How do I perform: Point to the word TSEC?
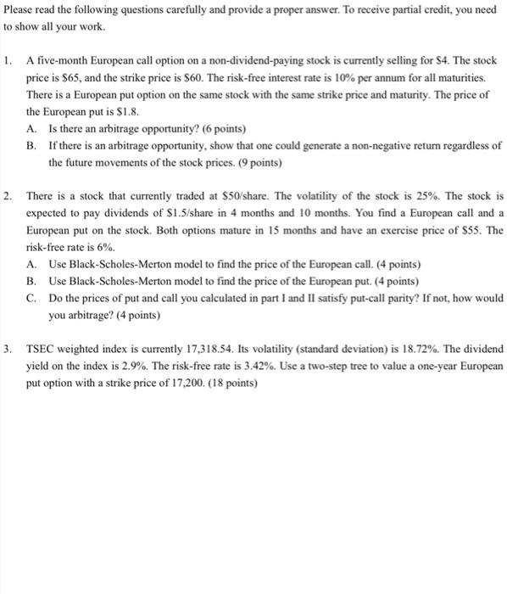click(40, 349)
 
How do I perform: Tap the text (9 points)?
click(257, 162)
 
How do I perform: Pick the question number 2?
click(8, 196)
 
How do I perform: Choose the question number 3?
click(8, 349)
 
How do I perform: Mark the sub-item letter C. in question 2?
click(31, 298)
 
